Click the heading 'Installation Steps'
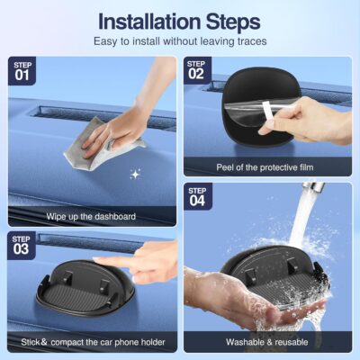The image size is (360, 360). tap(180, 20)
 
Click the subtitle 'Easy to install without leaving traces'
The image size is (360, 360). tap(180, 41)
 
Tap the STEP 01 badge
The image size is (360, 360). tap(23, 70)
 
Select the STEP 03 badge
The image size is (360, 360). tap(23, 246)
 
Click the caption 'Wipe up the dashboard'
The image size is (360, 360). tap(90, 216)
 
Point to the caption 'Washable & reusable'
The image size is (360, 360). tap(267, 342)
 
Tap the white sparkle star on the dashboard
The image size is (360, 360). tap(135, 173)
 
